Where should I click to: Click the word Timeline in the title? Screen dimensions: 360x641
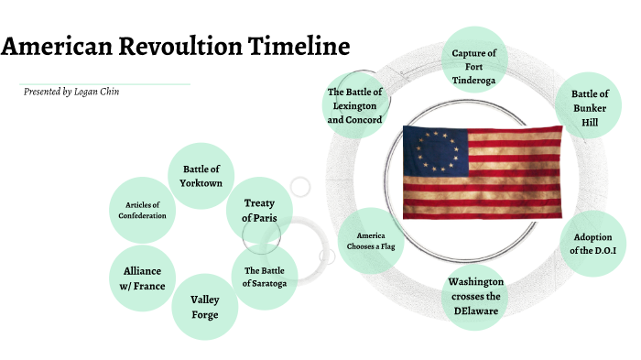pos(299,47)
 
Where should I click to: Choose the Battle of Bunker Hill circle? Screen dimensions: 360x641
pos(589,107)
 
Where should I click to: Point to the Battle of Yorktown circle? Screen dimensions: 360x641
pos(202,175)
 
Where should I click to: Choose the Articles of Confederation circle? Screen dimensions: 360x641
pos(142,210)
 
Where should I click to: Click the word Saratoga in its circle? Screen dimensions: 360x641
pos(265,284)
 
